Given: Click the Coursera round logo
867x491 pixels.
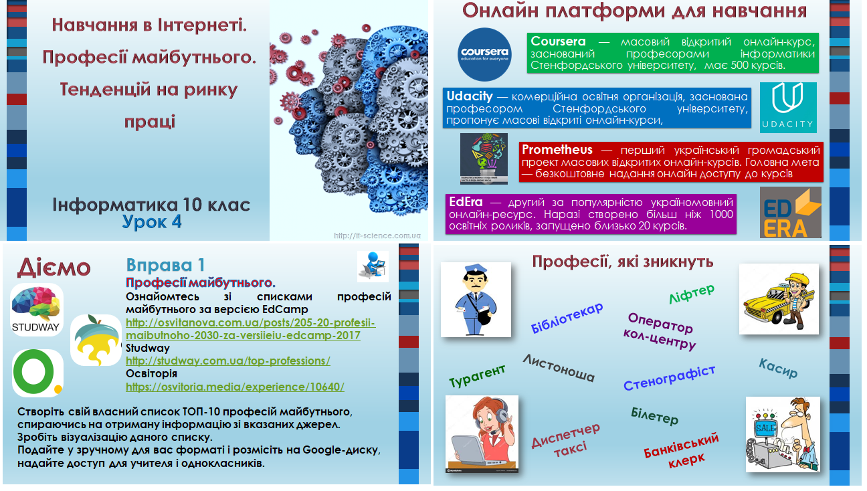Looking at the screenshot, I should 485,54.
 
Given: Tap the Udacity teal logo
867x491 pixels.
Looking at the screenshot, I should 788,108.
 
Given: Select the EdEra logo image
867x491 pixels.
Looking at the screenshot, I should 790,212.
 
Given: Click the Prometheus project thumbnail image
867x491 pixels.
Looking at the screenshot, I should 484,159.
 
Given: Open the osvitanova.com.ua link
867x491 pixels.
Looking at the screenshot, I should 250,329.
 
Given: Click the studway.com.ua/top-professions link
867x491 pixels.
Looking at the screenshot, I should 228,361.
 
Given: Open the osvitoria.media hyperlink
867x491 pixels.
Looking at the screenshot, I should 235,387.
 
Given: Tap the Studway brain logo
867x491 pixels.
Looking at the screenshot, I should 36,310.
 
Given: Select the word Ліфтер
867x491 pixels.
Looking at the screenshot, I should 692,293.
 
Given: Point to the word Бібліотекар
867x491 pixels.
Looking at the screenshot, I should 567,317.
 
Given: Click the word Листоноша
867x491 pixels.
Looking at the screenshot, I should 559,368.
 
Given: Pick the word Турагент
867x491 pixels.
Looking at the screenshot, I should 477,376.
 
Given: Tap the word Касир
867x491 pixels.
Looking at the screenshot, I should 778,367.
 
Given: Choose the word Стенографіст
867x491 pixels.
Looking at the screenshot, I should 669,378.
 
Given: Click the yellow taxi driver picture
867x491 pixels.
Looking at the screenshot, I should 779,299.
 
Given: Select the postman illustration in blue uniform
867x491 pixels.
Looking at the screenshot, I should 476,299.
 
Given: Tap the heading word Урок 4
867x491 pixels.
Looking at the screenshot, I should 152,222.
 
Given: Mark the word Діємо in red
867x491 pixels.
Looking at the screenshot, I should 54,268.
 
